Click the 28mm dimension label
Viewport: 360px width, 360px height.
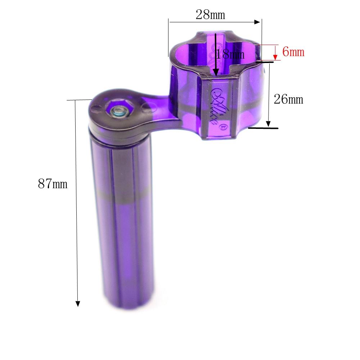(210, 15)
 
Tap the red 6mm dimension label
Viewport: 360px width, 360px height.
(293, 51)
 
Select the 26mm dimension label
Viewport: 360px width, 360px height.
(288, 99)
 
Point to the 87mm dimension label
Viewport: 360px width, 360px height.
(53, 184)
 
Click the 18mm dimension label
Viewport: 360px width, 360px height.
(230, 54)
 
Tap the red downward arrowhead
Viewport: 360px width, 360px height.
(275, 57)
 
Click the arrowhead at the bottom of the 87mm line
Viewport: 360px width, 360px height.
(78, 304)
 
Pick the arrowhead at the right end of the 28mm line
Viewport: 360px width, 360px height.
(257, 22)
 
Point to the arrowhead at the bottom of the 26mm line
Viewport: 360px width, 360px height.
(268, 124)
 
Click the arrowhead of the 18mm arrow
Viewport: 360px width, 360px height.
(216, 73)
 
